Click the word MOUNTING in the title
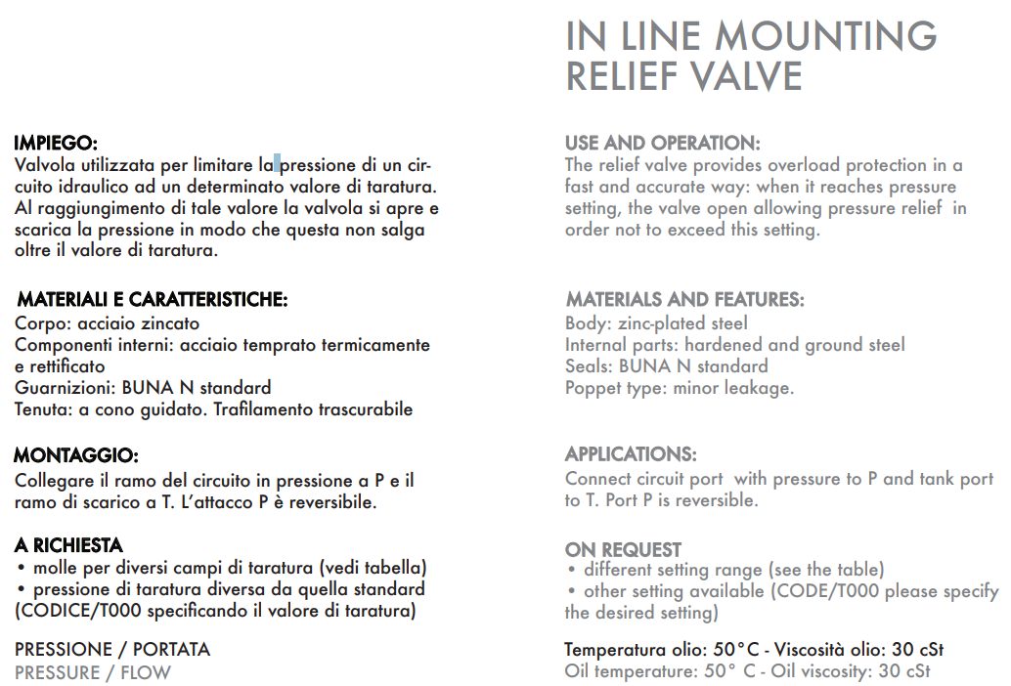pyautogui.click(x=826, y=37)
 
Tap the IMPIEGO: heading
pyautogui.click(x=56, y=143)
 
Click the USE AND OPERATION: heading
pyautogui.click(x=662, y=143)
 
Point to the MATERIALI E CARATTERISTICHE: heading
pyautogui.click(x=153, y=300)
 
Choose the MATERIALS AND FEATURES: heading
pyautogui.click(x=684, y=300)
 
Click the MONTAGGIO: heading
pyautogui.click(x=76, y=455)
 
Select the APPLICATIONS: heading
pyautogui.click(x=631, y=454)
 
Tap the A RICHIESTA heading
pyautogui.click(x=68, y=545)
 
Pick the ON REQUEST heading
pyautogui.click(x=623, y=549)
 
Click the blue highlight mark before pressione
pyautogui.click(x=277, y=164)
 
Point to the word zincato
pyautogui.click(x=165, y=323)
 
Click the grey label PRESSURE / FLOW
pyautogui.click(x=93, y=673)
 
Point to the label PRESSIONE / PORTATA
pyautogui.click(x=112, y=650)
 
